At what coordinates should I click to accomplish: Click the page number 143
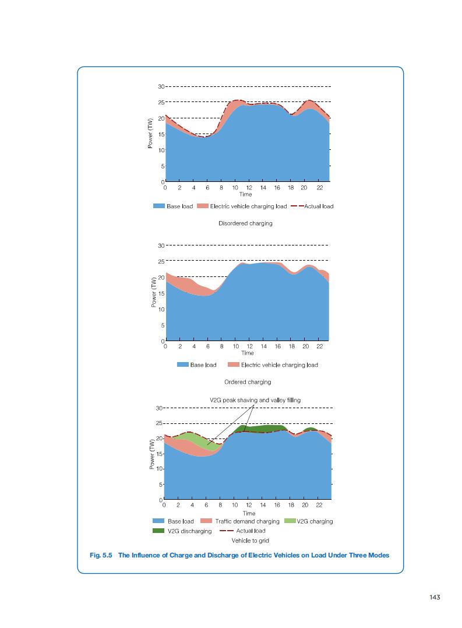(x=433, y=597)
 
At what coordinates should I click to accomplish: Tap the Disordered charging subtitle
(x=245, y=223)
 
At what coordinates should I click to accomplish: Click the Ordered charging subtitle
(x=248, y=382)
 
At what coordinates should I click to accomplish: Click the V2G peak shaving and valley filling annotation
(x=255, y=400)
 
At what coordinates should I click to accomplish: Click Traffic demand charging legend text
(x=247, y=521)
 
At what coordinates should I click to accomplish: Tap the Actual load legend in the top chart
(x=318, y=206)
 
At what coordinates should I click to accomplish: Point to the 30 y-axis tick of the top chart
(x=160, y=86)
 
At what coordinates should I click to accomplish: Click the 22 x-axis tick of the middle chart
(x=319, y=346)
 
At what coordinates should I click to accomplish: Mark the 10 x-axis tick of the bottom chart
(x=234, y=504)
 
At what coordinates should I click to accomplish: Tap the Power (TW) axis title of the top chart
(x=150, y=134)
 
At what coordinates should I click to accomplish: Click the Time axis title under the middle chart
(x=247, y=353)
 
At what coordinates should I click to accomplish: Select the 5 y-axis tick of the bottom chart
(x=160, y=485)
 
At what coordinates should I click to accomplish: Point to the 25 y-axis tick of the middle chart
(x=161, y=261)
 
